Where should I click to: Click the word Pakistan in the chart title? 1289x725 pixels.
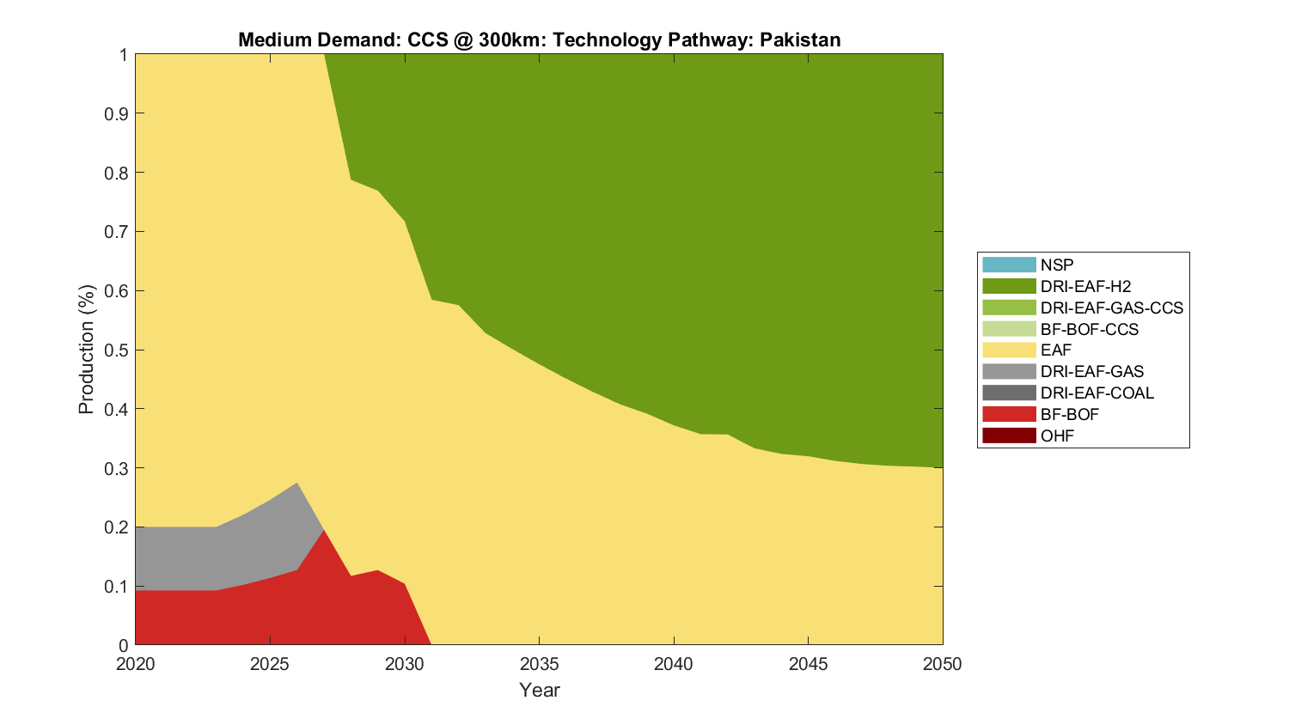click(x=799, y=40)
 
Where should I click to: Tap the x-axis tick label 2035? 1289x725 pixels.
click(x=539, y=664)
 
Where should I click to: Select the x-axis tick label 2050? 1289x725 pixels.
click(x=942, y=664)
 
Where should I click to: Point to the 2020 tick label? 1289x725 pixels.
click(x=136, y=664)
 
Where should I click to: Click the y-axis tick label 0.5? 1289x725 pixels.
click(x=117, y=350)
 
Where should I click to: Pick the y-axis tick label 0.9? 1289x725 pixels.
click(x=117, y=113)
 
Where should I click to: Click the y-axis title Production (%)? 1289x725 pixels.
click(x=86, y=350)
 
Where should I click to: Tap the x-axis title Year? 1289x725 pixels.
click(x=539, y=690)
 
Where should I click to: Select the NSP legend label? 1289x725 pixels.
click(x=1056, y=265)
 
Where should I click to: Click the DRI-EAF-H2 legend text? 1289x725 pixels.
click(x=1085, y=286)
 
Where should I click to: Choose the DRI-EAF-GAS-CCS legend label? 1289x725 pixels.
click(x=1111, y=308)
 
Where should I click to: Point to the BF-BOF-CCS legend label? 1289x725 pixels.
click(x=1089, y=329)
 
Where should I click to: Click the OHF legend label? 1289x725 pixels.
click(x=1057, y=436)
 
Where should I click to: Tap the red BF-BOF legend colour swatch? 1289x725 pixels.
click(x=1009, y=414)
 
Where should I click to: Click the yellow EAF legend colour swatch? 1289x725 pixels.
click(x=1009, y=350)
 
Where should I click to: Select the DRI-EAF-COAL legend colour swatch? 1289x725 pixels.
click(x=1009, y=393)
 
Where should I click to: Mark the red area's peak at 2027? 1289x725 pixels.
click(x=324, y=532)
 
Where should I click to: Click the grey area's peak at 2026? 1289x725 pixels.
click(x=297, y=484)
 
